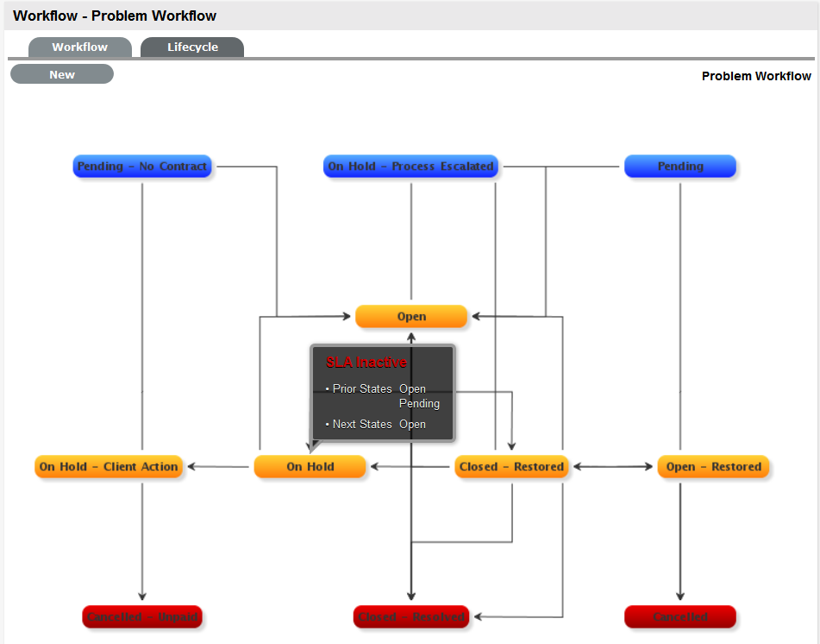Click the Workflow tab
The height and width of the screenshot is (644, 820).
click(x=79, y=47)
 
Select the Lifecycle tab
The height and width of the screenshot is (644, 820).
click(x=192, y=47)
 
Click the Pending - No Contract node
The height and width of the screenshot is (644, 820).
click(x=142, y=167)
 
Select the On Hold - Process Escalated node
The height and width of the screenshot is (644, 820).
click(x=410, y=167)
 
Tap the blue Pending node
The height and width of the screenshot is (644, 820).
click(x=679, y=167)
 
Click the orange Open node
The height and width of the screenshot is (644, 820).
click(x=411, y=317)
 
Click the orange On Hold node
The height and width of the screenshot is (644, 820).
click(x=310, y=467)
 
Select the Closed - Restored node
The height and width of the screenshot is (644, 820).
click(x=511, y=467)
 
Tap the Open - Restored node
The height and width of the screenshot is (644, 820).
click(x=713, y=467)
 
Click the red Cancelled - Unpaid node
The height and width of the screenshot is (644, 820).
click(x=142, y=617)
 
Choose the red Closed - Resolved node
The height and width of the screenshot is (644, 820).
click(x=411, y=617)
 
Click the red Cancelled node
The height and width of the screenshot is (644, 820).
click(x=679, y=617)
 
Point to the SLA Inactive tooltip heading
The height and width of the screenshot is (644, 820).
click(x=366, y=363)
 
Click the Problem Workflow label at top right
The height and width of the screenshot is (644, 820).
click(x=756, y=76)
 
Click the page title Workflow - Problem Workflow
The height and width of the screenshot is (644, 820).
click(x=115, y=16)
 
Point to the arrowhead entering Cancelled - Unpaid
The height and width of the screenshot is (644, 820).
click(x=142, y=597)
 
